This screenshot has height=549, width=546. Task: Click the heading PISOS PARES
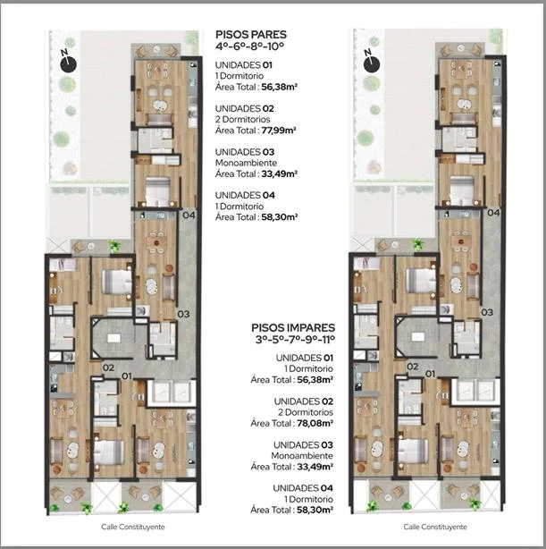point(251,35)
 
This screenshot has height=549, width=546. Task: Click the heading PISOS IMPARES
point(293,328)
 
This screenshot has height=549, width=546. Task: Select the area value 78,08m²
point(315,423)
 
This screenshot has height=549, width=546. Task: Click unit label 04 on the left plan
point(189,215)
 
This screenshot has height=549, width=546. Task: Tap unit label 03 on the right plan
point(487,312)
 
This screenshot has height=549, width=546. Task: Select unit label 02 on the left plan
point(108,367)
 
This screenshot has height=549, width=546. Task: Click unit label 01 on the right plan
point(430,374)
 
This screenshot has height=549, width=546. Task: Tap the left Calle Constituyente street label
point(133,527)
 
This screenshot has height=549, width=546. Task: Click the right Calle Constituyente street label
point(435,527)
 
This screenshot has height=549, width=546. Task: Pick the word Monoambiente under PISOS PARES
point(246,163)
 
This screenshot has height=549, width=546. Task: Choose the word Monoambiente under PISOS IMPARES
point(302,456)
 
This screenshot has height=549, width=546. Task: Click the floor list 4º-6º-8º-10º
point(249,46)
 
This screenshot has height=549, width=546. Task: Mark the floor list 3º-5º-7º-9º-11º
point(295,339)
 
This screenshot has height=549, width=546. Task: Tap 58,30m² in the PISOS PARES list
point(280,217)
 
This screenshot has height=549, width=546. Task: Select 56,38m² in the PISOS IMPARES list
point(315,379)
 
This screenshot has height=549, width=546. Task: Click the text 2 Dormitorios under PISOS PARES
point(242,120)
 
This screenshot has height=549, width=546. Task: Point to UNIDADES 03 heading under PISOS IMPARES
point(303,445)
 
